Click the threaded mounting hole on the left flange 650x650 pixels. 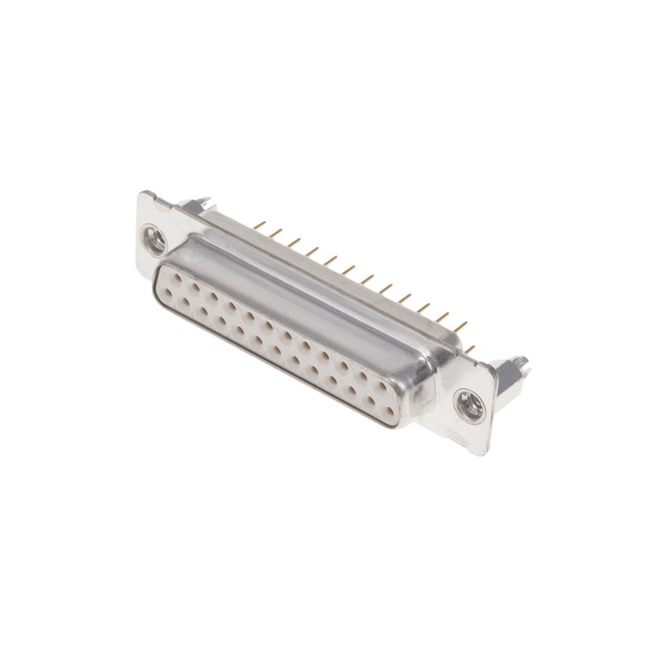154,240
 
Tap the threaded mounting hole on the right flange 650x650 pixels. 469,404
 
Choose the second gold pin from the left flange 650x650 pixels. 276,233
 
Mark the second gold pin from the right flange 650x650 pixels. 461,327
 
